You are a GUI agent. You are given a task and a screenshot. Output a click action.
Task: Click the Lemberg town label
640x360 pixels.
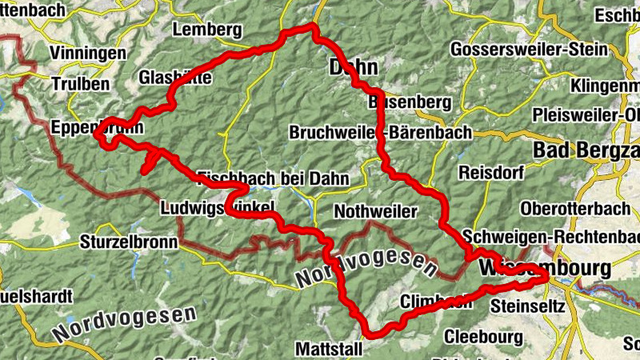[x=206, y=30]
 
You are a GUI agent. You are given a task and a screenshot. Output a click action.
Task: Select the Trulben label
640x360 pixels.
[x=78, y=84]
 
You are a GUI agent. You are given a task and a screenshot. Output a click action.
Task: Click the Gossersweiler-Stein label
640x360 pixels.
[x=529, y=49]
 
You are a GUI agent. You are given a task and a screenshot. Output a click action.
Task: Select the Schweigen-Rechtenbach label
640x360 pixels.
[x=552, y=238]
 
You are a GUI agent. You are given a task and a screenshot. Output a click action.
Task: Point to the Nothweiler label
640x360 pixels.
[x=376, y=211]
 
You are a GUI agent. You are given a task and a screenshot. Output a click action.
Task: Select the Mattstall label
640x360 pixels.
[x=329, y=349]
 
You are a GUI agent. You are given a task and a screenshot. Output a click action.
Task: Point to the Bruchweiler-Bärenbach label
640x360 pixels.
[x=380, y=132]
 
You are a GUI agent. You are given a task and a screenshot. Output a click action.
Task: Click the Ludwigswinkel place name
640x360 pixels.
[x=218, y=208]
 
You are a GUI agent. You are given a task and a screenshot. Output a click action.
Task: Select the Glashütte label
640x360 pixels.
[x=175, y=78]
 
